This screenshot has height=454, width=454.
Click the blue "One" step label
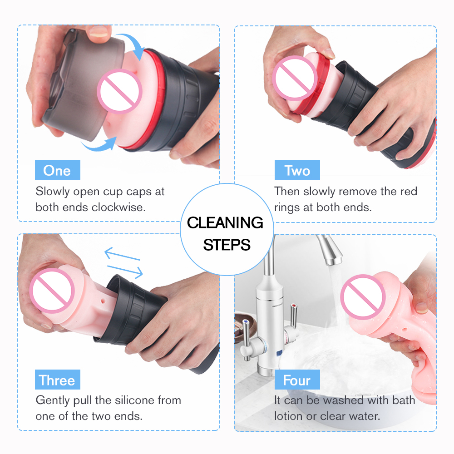click(57, 170)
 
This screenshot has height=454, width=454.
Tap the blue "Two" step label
click(297, 170)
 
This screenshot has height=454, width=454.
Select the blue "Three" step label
click(57, 380)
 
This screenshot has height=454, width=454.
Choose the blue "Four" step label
click(297, 380)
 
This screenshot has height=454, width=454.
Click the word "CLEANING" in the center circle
click(225, 222)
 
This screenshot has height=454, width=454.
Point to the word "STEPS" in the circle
click(227, 245)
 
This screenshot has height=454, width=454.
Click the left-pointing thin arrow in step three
click(122, 254)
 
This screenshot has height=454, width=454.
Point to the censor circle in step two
click(295, 79)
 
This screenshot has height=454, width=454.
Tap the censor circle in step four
click(363, 297)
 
